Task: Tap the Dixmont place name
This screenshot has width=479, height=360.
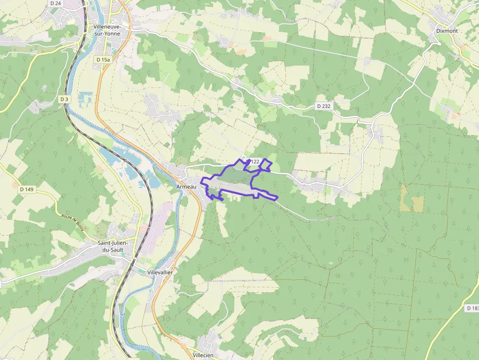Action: point(447,31)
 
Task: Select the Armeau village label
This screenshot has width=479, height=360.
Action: point(186,187)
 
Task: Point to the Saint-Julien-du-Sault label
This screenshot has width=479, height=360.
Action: point(113,246)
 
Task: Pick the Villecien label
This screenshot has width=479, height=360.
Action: point(203,355)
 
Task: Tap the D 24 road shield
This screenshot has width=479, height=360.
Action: point(55,3)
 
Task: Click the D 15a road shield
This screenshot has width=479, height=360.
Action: point(104,59)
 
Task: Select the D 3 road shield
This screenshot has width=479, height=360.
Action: point(64,99)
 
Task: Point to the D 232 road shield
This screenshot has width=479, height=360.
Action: point(324,106)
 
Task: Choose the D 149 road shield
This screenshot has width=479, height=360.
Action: point(27,189)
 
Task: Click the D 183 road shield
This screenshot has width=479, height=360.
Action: point(472,308)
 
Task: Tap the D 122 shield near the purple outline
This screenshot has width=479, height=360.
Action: point(253,162)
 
